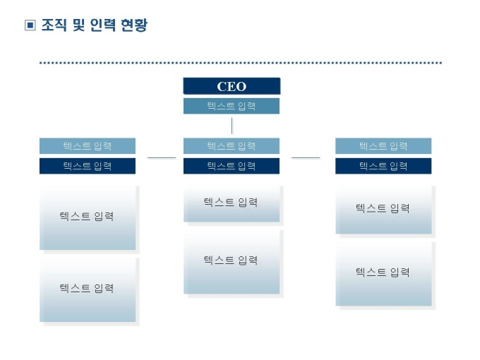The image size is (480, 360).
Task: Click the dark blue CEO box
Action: pos(232,86)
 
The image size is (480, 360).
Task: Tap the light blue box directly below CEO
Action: pos(232,106)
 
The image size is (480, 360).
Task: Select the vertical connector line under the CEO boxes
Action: pos(232,126)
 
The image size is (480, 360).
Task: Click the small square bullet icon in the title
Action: pos(30,26)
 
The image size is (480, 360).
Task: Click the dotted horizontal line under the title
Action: pos(240,63)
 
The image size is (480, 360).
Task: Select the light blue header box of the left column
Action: pos(88,146)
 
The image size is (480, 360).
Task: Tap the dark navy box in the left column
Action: pos(88,166)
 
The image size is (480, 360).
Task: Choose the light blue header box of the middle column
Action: pos(232,146)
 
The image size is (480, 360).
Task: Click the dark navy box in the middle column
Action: pos(232,166)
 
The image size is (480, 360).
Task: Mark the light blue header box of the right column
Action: pos(383,146)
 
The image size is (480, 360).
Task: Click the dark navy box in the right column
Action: pos(383,166)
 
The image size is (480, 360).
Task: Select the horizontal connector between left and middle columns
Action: pos(162,157)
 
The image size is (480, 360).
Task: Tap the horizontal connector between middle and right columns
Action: pos(306,157)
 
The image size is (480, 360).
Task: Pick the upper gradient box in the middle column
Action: pos(232,204)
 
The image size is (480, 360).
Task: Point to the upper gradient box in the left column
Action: pos(88,217)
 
